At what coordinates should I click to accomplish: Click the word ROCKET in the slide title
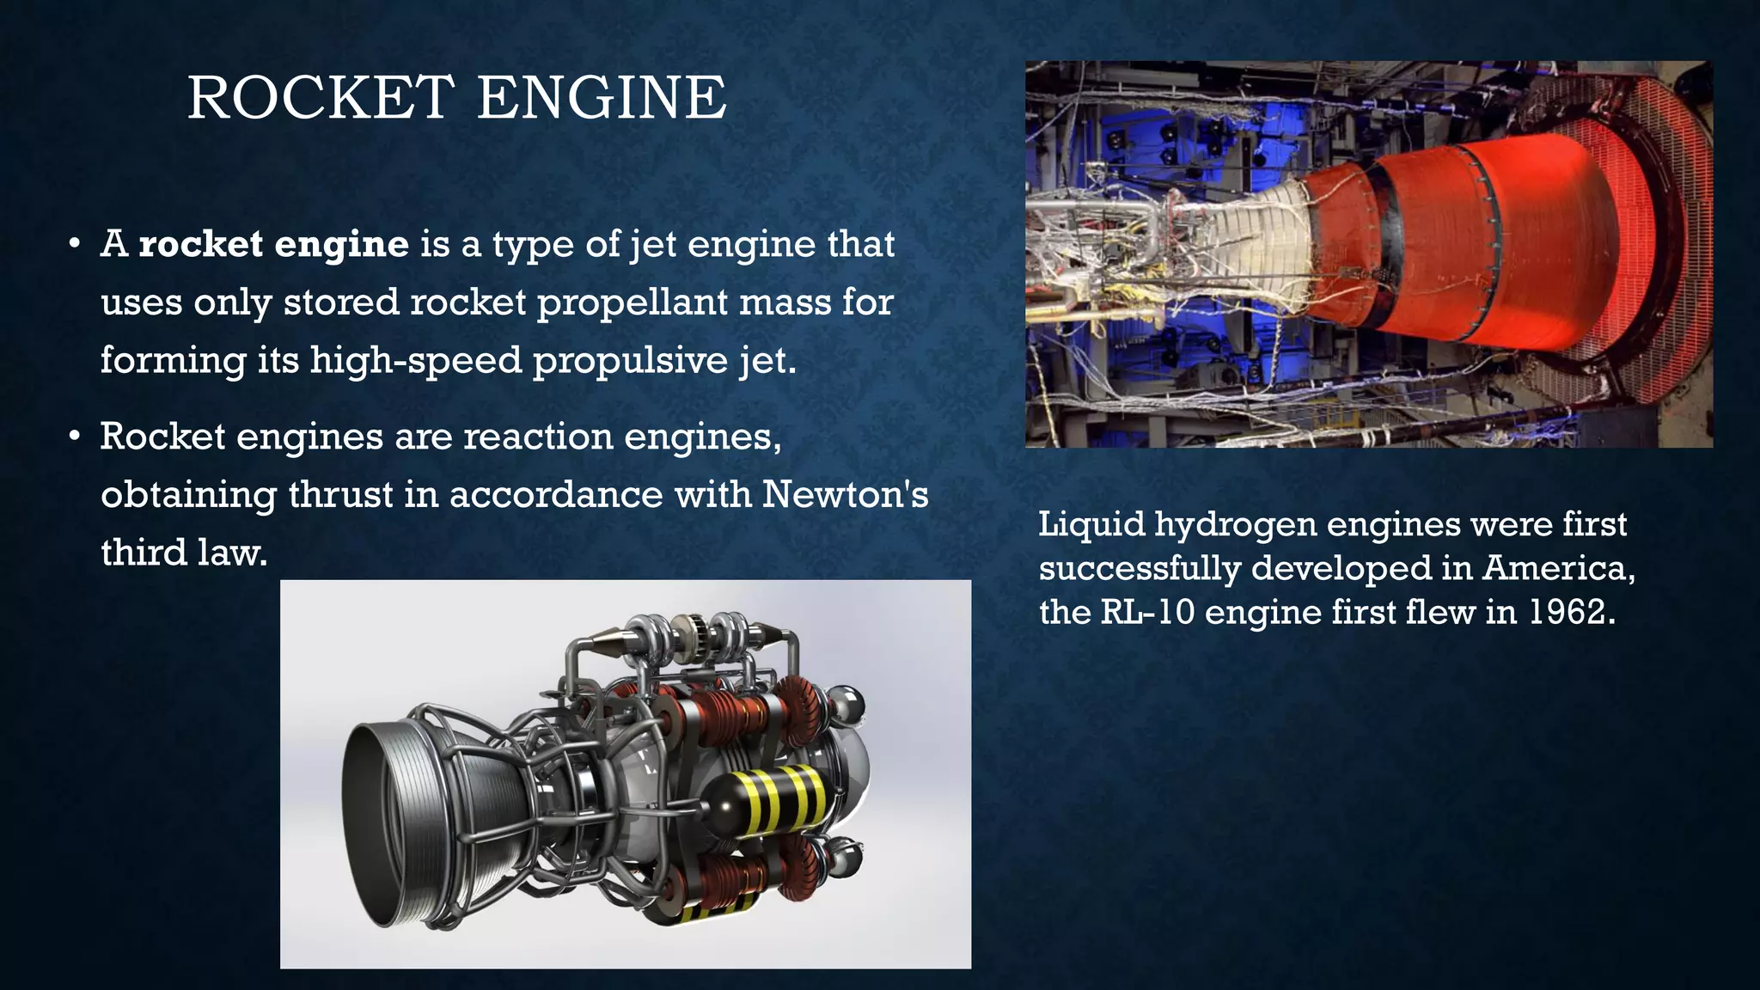pos(321,97)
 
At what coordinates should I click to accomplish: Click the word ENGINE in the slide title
pos(602,97)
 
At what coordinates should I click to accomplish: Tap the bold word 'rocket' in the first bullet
pos(201,245)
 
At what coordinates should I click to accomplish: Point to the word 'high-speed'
pos(415,360)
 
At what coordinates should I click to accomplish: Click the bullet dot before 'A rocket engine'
pos(76,244)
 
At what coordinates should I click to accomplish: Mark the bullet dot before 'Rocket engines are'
pos(76,437)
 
